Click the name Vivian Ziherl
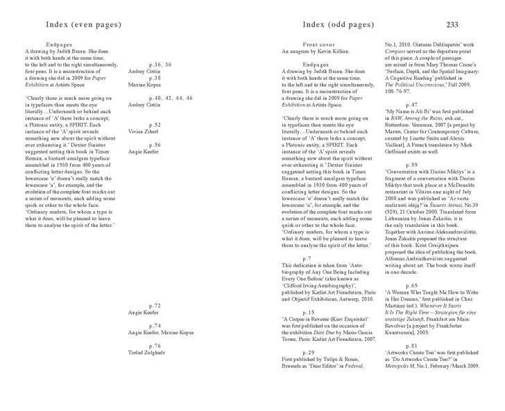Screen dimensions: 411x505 [142, 131]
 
